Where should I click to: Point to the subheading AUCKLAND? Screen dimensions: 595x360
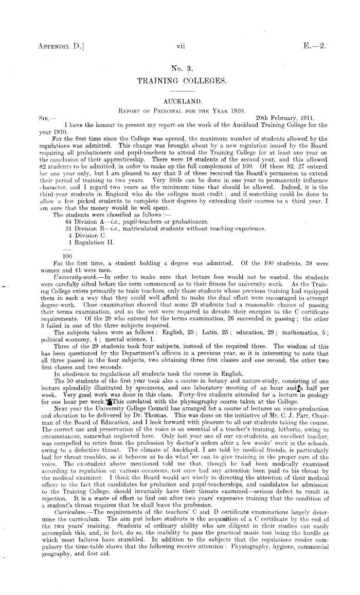tap(179, 101)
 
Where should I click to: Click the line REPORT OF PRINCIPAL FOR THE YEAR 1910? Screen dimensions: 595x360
tap(179, 109)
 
